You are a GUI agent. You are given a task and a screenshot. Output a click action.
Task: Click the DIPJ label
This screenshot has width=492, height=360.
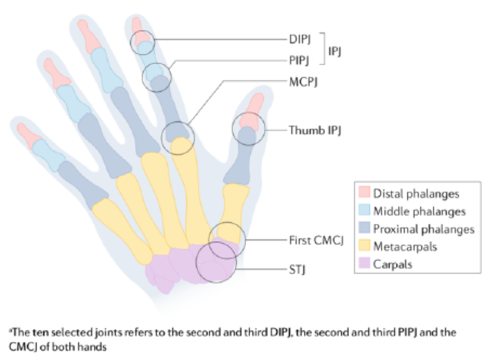coord(300,39)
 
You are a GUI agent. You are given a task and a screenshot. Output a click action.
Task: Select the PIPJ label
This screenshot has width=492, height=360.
coord(300,60)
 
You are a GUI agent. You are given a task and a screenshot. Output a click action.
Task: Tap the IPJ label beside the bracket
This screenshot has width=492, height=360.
coord(336,50)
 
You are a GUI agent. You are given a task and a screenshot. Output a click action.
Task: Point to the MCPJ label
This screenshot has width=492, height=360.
coord(303,81)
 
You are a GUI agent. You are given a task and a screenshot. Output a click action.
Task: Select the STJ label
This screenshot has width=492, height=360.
coord(297,270)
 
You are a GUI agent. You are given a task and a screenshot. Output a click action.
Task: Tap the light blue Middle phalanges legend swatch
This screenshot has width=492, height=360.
coord(364,211)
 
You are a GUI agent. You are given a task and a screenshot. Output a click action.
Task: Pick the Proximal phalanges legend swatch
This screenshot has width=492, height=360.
coord(364,229)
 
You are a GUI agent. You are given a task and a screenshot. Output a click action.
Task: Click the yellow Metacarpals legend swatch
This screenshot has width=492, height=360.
coord(364,246)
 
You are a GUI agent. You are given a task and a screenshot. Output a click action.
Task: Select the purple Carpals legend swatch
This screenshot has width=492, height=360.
coord(364,264)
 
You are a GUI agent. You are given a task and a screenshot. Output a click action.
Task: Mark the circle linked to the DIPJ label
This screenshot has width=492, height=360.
coord(142,42)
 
